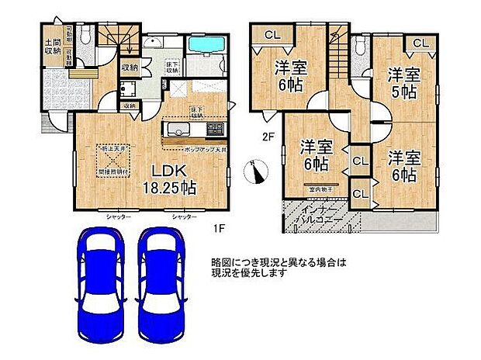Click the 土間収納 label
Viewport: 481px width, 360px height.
[53, 46]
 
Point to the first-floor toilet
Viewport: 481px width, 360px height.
[87, 36]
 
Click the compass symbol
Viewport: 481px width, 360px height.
[254, 171]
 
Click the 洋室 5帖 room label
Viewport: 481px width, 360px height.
[402, 82]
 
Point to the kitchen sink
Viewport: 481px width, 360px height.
[177, 129]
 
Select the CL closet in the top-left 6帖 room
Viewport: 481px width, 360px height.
[272, 34]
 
